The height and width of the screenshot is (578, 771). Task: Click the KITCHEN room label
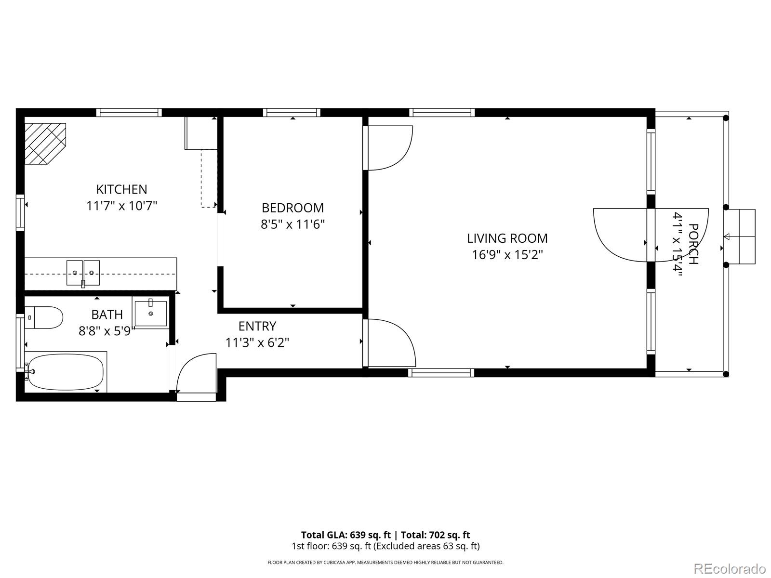121,189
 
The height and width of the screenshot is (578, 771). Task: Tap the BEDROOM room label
292,208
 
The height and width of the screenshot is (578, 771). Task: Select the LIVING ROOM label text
507,238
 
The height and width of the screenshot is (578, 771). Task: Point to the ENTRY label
257,326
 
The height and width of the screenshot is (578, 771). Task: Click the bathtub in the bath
66,372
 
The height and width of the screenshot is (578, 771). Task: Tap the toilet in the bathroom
43,317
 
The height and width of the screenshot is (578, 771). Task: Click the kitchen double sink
83,273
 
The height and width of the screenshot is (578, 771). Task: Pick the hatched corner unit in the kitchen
45,144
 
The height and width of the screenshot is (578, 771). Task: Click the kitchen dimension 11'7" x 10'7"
121,206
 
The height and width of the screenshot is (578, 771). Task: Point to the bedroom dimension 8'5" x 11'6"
292,224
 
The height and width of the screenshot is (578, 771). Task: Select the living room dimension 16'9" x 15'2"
507,254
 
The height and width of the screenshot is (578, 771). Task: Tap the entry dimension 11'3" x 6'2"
257,342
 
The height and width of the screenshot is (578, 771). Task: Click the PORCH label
693,244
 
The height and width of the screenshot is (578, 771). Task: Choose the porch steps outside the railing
741,236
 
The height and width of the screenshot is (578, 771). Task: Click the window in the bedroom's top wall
292,113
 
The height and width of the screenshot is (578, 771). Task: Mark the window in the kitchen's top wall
129,113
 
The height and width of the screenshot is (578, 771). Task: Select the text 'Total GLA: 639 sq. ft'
346,535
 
